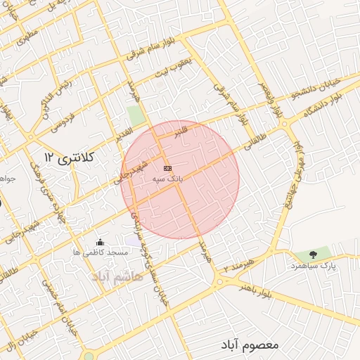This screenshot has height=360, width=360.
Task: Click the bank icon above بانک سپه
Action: (167, 169)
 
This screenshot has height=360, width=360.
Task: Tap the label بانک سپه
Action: (167, 180)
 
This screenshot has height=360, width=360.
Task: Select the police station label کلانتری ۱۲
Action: (69, 155)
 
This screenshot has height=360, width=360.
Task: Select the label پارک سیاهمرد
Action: (313, 266)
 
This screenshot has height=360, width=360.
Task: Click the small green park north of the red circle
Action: (136, 116)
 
